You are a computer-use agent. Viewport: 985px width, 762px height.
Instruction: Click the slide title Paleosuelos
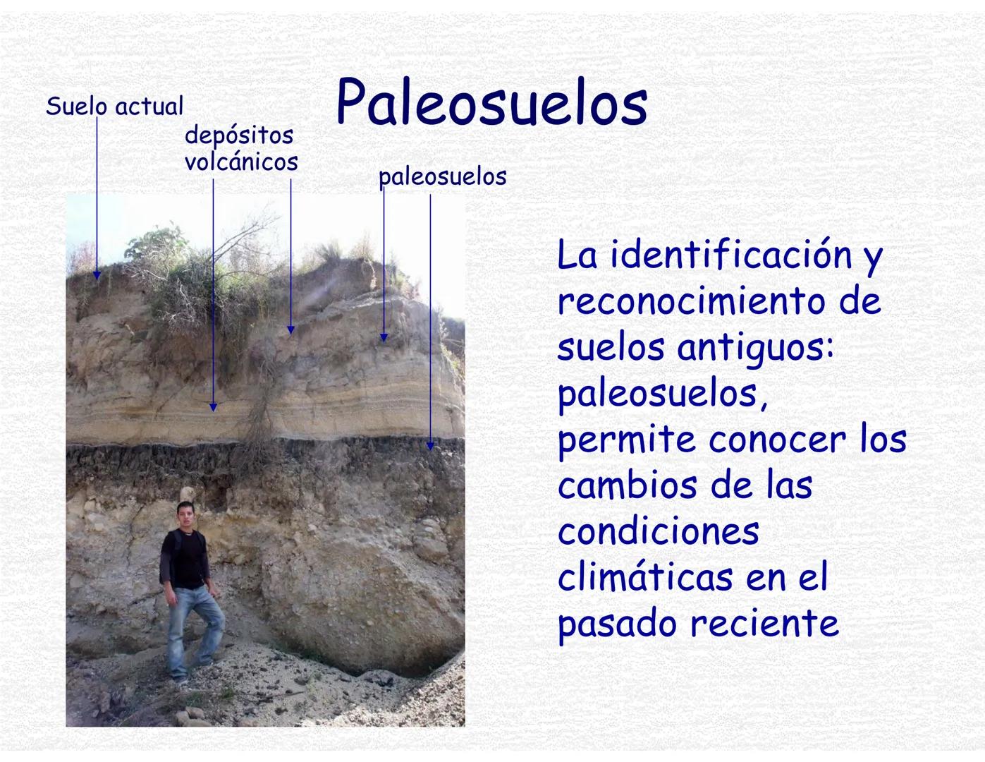point(491,104)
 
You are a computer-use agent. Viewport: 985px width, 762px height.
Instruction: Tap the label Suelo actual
point(114,107)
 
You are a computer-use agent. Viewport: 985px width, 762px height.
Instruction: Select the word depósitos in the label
point(239,135)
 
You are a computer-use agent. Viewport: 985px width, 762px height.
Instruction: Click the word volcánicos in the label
point(241,162)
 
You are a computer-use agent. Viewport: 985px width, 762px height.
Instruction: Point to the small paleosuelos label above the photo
point(442,176)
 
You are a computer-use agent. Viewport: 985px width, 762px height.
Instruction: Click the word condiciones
point(658,531)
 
